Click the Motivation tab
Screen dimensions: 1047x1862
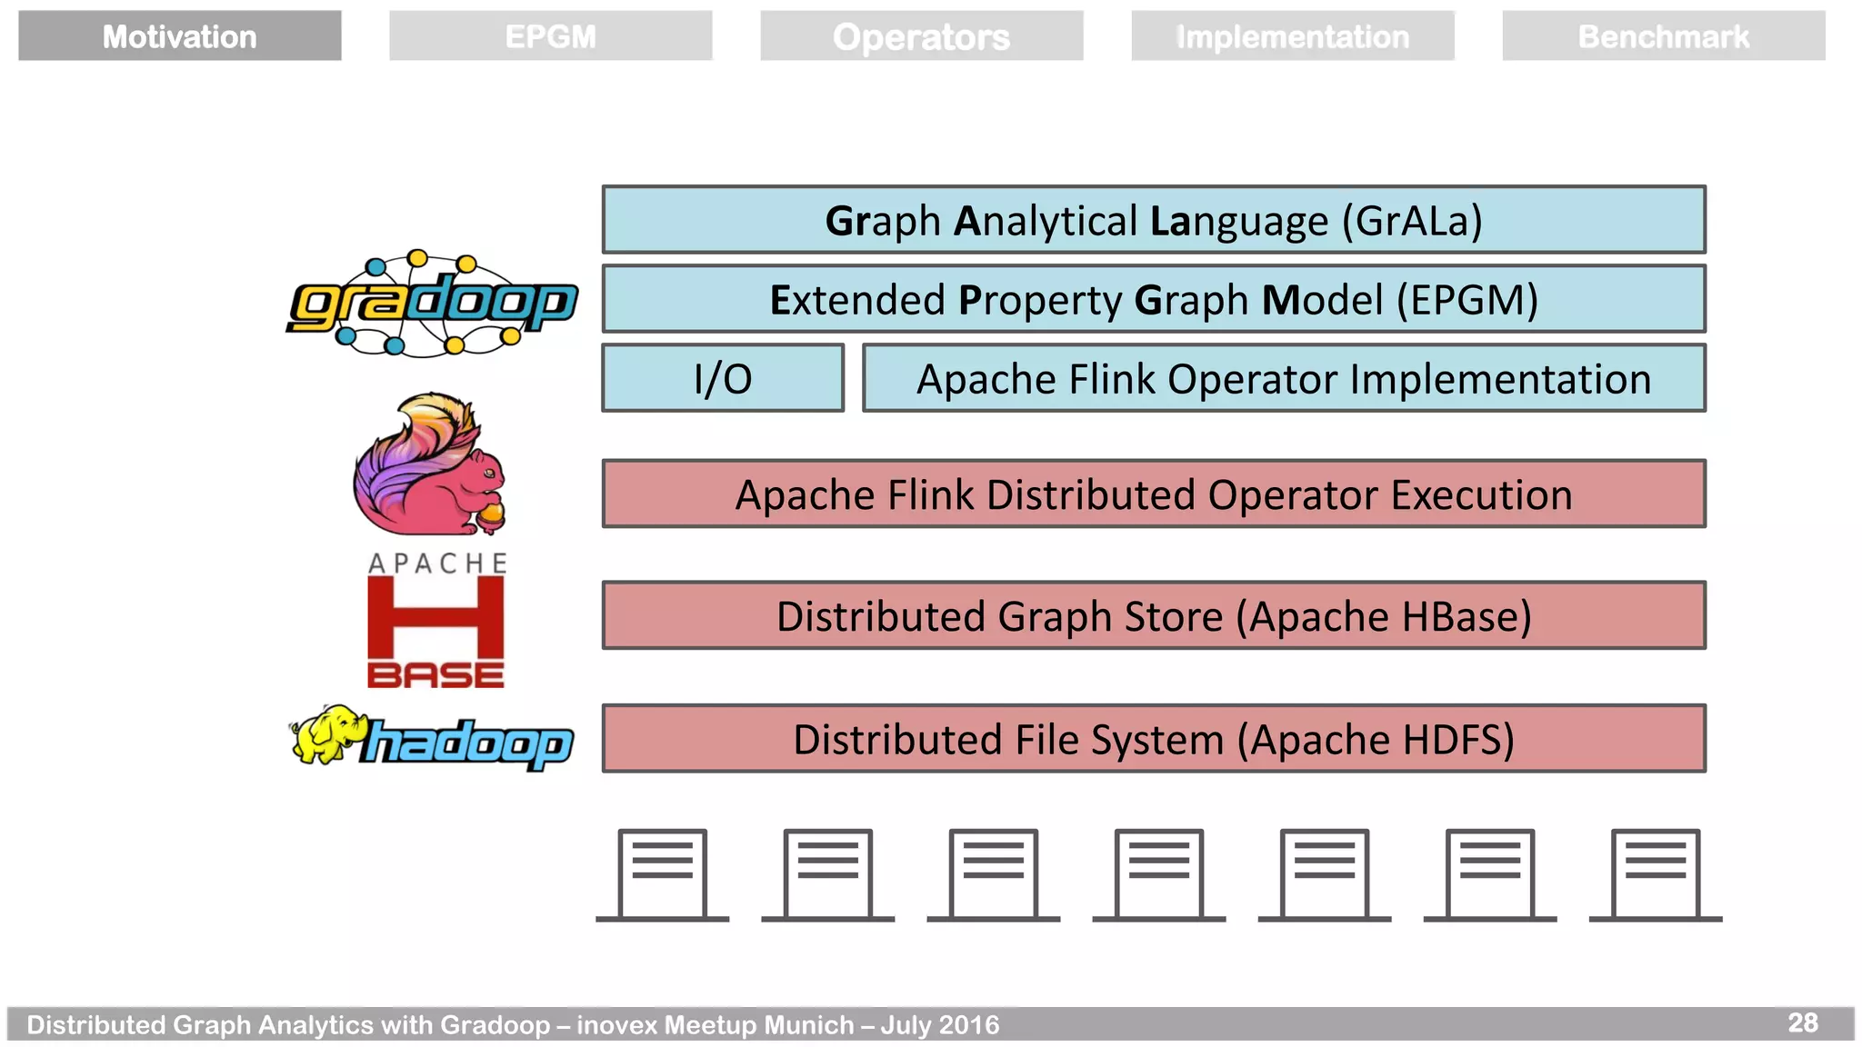[179, 36]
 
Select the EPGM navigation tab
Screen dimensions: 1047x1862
[550, 36]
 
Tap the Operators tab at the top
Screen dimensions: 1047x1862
[921, 36]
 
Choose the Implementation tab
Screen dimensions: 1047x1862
[1292, 36]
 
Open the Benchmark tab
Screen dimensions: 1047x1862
[1663, 36]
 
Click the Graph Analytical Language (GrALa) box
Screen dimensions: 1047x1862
[1153, 220]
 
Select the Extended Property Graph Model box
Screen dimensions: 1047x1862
[1153, 299]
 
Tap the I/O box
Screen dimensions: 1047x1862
[723, 378]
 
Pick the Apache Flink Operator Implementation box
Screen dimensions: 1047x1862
[1283, 378]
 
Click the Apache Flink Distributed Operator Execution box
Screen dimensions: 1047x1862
[1153, 494]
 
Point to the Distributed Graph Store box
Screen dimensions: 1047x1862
[1153, 615]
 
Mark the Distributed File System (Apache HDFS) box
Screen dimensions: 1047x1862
[1153, 738]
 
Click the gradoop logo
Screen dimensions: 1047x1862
[432, 304]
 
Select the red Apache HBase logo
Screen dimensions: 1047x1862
[435, 623]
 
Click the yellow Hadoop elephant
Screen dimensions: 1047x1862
[325, 734]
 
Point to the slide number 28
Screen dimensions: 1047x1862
[1803, 1022]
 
